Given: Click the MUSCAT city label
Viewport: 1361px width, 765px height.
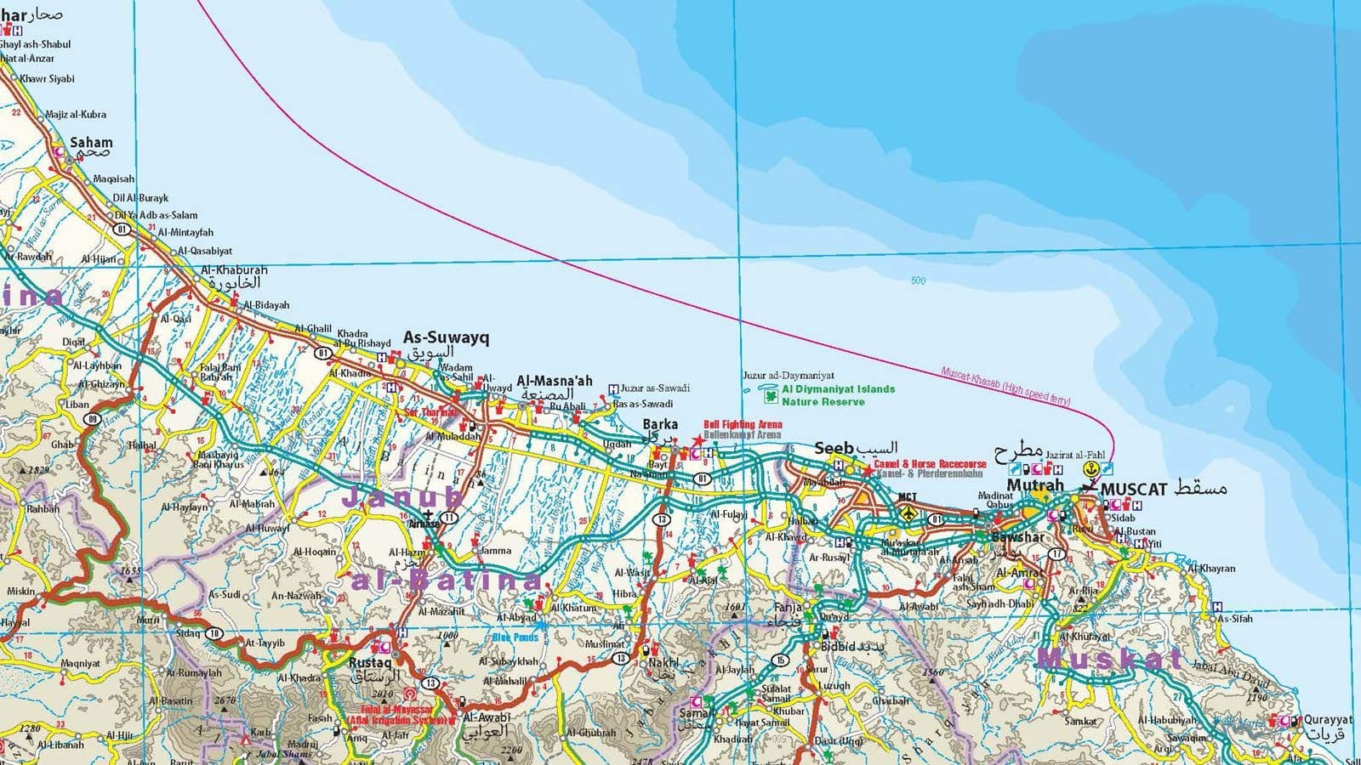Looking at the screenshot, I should coord(1133,490).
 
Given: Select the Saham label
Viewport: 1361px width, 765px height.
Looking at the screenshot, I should coord(91,143).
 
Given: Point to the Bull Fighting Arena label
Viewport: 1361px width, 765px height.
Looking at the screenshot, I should coord(742,424).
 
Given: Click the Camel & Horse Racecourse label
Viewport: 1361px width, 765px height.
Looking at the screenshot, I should coord(930,464).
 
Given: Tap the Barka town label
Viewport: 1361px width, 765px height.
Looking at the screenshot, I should coord(660,424).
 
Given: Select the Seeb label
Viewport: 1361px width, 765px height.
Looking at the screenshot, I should coord(833,448).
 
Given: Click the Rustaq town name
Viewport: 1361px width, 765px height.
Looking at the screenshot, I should coord(370,662).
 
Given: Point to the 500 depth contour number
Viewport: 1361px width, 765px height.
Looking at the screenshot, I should coord(918,280).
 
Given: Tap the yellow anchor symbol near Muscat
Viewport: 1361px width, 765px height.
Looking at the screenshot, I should coord(1090,468).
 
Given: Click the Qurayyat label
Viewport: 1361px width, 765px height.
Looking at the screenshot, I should coord(1328,720).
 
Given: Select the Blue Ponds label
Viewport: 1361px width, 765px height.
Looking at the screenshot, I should coord(515,637).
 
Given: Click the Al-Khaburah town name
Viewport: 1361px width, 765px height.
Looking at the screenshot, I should coord(234,270).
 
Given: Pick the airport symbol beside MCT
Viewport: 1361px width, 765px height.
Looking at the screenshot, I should coord(909,513).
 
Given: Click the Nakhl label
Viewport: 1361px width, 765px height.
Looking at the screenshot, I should coord(663,662).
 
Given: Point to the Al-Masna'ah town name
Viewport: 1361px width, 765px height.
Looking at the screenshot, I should coord(555,381).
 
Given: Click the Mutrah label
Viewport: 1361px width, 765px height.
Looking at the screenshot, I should coord(1034,485).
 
